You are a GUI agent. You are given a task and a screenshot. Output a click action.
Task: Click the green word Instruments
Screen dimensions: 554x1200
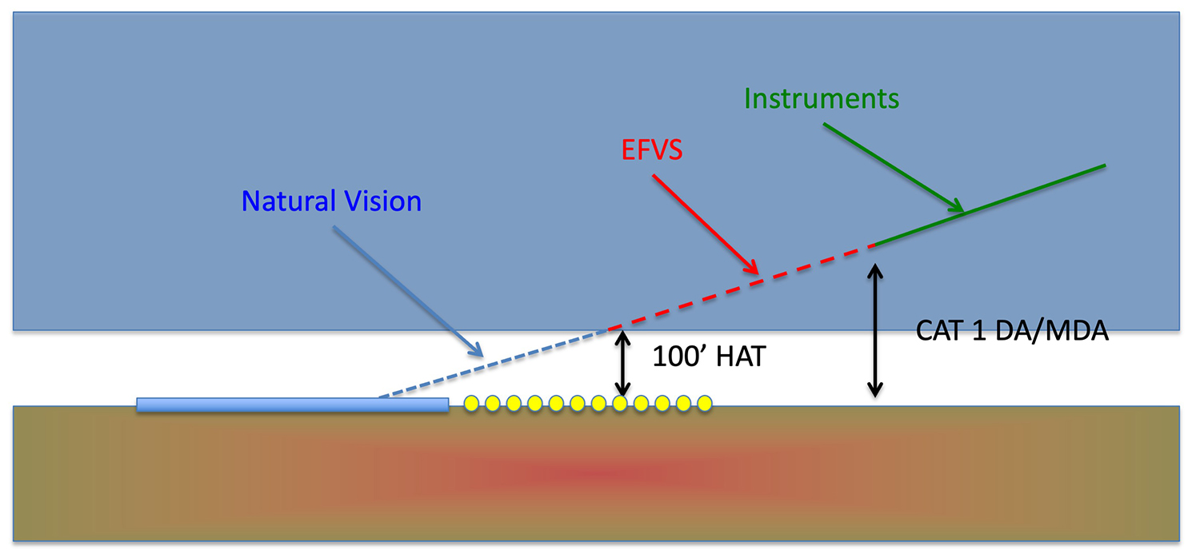(x=822, y=99)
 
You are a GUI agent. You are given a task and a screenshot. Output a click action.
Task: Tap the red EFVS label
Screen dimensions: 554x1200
(x=651, y=149)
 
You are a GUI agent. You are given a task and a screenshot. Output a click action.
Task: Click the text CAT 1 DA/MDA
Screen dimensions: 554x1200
(x=1012, y=331)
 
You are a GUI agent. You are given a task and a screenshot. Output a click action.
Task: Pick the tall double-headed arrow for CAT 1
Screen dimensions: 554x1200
(x=876, y=332)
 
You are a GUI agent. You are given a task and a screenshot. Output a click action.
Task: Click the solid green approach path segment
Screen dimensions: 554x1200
(x=988, y=205)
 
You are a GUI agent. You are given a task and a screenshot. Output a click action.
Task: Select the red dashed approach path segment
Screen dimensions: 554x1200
(x=740, y=286)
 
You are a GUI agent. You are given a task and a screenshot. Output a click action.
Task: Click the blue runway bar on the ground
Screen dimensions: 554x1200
(x=292, y=405)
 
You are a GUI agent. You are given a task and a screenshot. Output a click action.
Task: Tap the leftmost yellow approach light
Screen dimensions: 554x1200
(x=471, y=404)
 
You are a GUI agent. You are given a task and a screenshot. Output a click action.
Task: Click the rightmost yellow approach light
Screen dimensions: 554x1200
(x=704, y=404)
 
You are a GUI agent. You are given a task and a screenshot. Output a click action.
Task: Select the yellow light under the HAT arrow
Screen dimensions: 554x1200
(x=620, y=404)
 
